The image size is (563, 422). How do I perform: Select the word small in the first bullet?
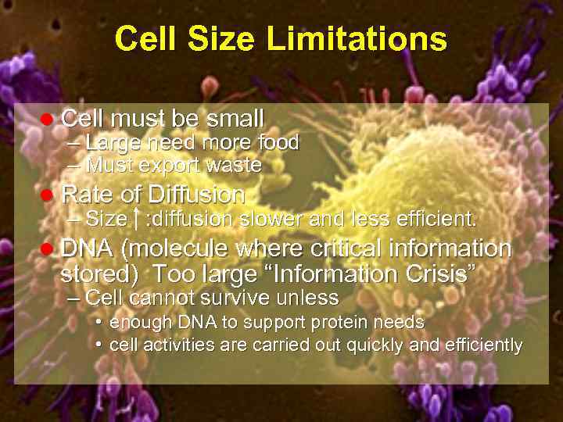(235, 119)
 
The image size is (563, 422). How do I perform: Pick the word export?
(172, 166)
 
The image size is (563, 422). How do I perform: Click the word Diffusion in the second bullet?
(196, 194)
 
